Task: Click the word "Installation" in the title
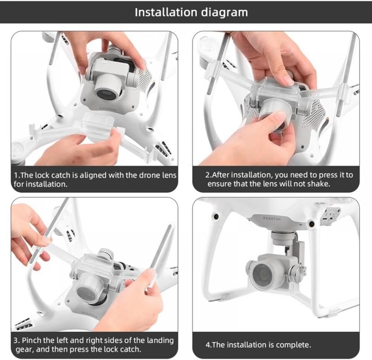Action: (166, 12)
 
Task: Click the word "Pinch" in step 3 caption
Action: (31, 340)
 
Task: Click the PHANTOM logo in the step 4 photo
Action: (272, 219)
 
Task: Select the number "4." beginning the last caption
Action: (208, 345)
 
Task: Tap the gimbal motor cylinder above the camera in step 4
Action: (282, 238)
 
